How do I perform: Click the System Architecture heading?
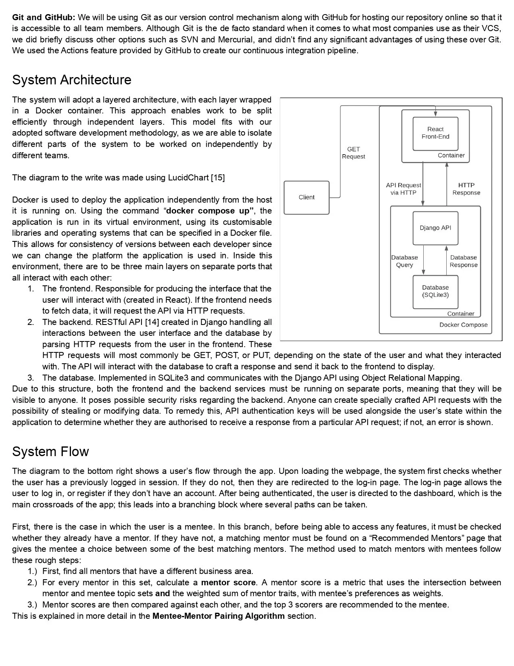(x=72, y=80)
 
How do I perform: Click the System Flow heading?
(x=50, y=451)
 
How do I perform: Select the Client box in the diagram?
(x=306, y=197)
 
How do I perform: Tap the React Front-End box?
(x=435, y=133)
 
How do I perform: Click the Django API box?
(x=435, y=228)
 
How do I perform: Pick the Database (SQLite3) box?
(x=435, y=291)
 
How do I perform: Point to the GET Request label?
(x=354, y=153)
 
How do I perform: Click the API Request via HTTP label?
(x=403, y=189)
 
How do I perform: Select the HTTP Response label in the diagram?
(x=466, y=189)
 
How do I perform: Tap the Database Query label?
(x=404, y=261)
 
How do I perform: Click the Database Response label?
(x=464, y=261)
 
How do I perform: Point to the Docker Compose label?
(x=463, y=325)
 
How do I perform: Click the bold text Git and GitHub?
(x=44, y=17)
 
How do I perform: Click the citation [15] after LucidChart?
(x=218, y=178)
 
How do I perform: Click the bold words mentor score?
(x=228, y=582)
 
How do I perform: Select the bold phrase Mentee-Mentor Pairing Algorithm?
(x=219, y=616)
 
